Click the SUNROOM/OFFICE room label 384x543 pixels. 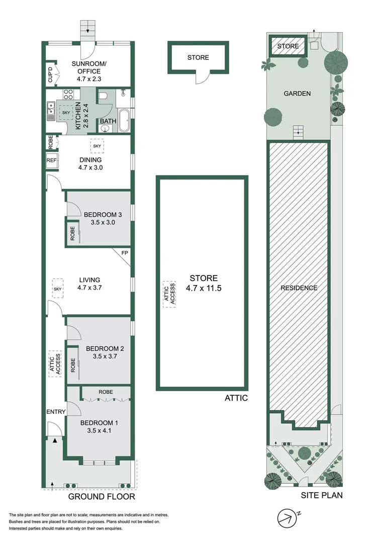[85, 68]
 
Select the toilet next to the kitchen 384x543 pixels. [104, 96]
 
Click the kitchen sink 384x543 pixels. [51, 111]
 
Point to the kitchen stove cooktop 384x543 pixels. [69, 94]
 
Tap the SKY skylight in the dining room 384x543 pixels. [97, 146]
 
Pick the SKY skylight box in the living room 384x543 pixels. [57, 289]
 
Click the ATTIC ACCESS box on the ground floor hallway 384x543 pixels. [55, 363]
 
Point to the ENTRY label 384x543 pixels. [56, 412]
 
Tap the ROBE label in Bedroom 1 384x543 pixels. [106, 392]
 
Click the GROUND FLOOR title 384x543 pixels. [102, 497]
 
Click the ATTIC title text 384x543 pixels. [236, 398]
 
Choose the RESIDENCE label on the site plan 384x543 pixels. [299, 288]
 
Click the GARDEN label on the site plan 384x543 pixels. [297, 94]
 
